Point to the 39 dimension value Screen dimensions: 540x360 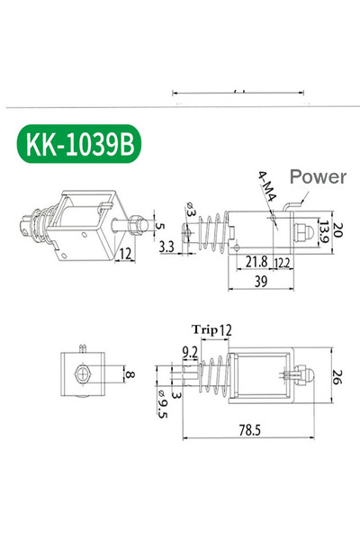[x=261, y=283]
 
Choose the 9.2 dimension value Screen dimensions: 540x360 [x=190, y=351]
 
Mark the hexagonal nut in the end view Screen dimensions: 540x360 [x=83, y=374]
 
